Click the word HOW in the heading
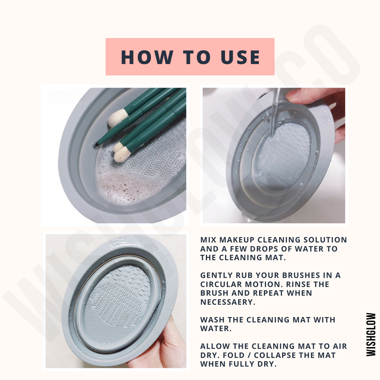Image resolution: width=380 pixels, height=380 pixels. tap(147, 57)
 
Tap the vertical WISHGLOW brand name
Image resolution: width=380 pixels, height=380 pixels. tap(371, 334)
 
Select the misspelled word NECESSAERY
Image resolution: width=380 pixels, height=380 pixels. tap(228, 302)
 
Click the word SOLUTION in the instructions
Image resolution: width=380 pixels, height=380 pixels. tap(325, 240)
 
